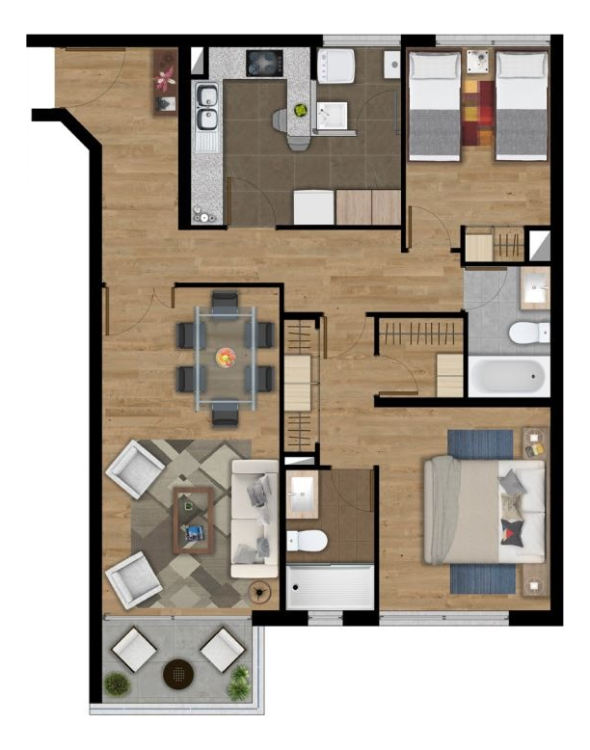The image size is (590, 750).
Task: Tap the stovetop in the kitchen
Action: (x=263, y=63)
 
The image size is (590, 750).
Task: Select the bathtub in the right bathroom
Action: (x=508, y=375)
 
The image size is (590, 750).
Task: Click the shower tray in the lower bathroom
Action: (x=330, y=586)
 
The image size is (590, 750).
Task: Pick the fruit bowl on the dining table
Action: (x=225, y=358)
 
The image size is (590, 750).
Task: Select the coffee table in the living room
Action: (x=194, y=519)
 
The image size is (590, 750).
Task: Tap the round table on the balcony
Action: (x=179, y=671)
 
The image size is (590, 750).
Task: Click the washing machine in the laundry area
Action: (x=336, y=66)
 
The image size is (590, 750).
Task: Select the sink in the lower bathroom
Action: (x=303, y=493)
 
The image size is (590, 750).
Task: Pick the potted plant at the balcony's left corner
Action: (x=117, y=684)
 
